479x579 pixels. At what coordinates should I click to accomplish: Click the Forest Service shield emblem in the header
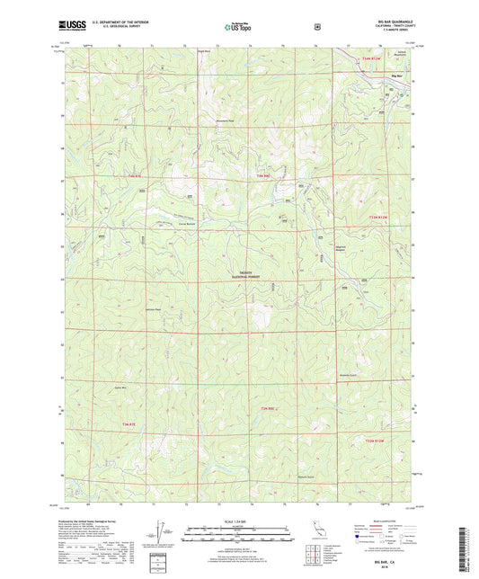pyautogui.click(x=317, y=27)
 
